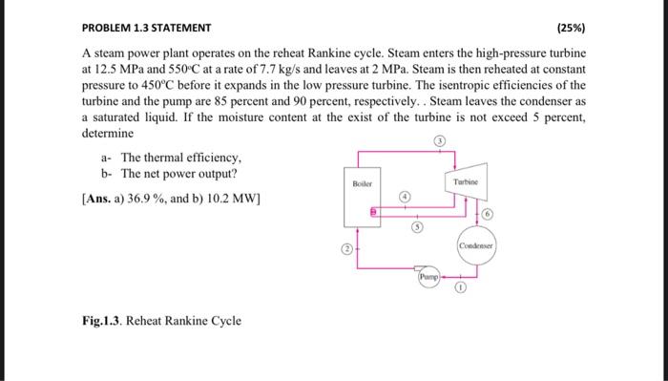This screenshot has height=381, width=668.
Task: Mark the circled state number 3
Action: [440, 140]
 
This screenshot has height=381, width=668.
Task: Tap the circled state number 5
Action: [416, 228]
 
